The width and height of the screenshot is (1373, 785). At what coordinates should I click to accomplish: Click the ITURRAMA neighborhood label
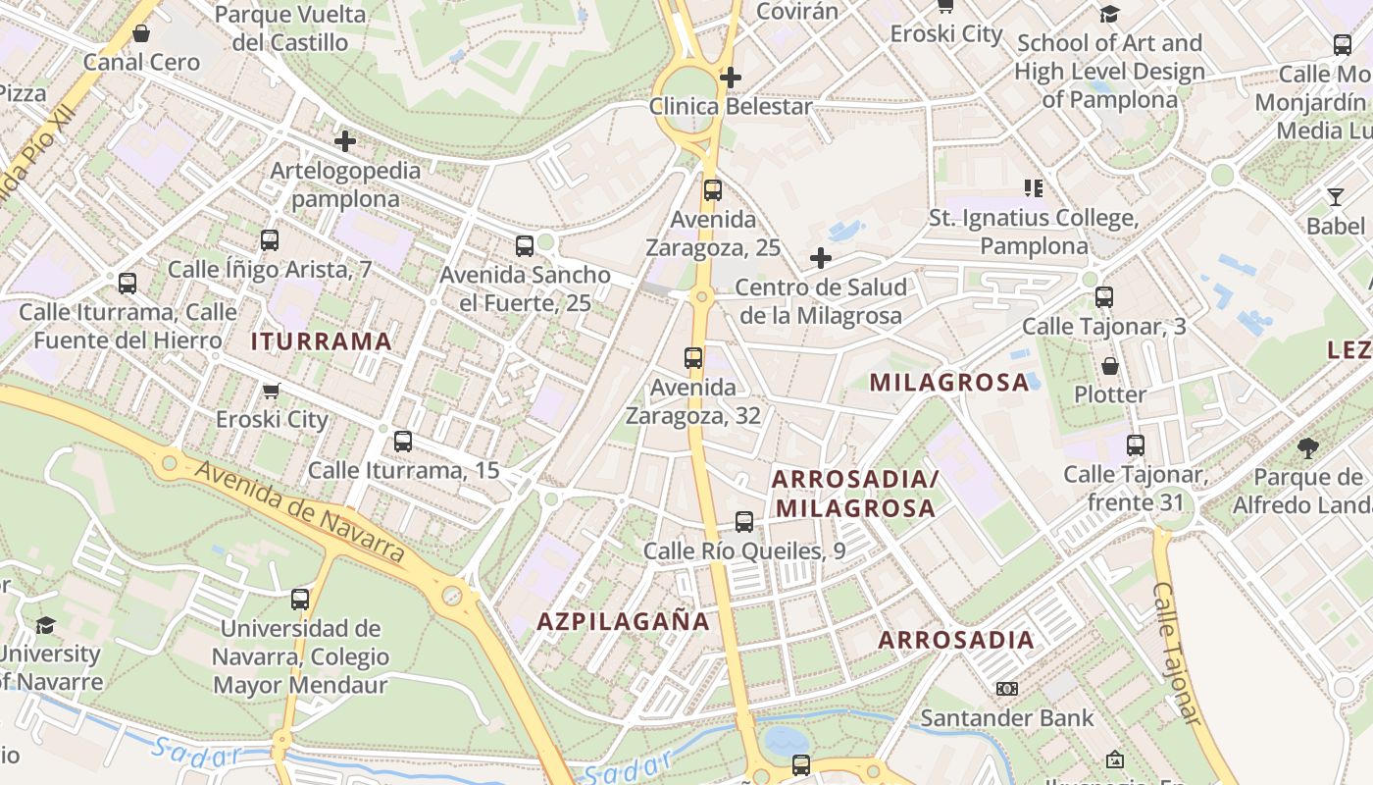[x=322, y=341]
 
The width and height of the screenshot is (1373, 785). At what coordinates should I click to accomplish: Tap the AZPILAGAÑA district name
[x=623, y=621]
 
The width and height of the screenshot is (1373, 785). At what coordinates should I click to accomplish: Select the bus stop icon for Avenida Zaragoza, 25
[x=713, y=190]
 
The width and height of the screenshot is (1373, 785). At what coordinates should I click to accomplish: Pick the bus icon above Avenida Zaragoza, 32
[x=693, y=358]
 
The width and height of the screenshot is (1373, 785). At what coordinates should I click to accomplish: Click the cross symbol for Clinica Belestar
[x=730, y=77]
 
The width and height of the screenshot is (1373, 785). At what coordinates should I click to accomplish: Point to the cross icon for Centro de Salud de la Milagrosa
[x=821, y=258]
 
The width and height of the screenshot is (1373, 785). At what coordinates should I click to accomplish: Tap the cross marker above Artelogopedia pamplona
[x=345, y=141]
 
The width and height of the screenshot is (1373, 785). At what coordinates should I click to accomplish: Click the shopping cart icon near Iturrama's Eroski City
[x=272, y=391]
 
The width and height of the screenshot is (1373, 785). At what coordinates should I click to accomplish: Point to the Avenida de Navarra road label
[x=299, y=511]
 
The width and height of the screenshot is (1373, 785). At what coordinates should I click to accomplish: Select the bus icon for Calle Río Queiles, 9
[x=744, y=522]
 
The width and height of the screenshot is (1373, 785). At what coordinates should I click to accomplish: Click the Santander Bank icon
[x=1006, y=689]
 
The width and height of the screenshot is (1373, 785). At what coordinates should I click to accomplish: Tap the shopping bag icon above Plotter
[x=1110, y=366]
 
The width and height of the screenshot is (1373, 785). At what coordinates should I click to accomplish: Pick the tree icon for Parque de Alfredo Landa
[x=1307, y=448]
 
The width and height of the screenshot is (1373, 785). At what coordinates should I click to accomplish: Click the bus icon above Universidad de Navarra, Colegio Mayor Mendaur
[x=300, y=599]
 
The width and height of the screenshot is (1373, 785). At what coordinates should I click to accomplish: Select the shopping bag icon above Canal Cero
[x=141, y=33]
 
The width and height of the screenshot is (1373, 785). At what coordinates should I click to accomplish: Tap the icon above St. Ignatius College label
[x=1034, y=187]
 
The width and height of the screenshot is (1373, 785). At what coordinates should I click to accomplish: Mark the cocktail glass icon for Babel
[x=1335, y=197]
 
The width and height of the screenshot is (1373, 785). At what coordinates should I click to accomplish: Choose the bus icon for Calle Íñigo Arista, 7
[x=270, y=240]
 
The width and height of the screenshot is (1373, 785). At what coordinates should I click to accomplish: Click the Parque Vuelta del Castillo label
[x=289, y=28]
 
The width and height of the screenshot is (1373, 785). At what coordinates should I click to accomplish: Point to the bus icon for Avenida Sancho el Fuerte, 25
[x=525, y=245]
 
